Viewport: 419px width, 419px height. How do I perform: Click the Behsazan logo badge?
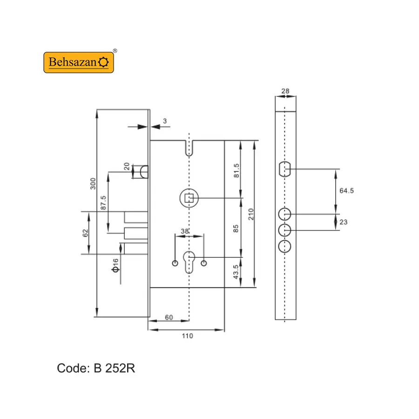pyautogui.click(x=79, y=62)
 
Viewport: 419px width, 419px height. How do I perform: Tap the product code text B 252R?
pyautogui.click(x=115, y=368)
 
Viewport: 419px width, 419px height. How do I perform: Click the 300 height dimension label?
pyautogui.click(x=93, y=183)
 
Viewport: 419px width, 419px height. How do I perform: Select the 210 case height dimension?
pyautogui.click(x=250, y=214)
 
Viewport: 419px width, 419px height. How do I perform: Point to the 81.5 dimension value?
pyautogui.click(x=237, y=171)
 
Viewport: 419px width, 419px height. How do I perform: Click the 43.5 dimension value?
pyautogui.click(x=236, y=272)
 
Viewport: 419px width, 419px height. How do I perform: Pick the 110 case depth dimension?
pyautogui.click(x=187, y=336)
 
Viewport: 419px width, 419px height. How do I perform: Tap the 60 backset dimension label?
pyautogui.click(x=169, y=317)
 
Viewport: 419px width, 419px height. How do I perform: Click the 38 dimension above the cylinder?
pyautogui.click(x=185, y=231)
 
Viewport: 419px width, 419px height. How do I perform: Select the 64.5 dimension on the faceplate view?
pyautogui.click(x=346, y=190)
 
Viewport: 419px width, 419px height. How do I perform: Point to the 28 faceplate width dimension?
pyautogui.click(x=285, y=91)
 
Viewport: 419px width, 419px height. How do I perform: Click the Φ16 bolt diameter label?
pyautogui.click(x=115, y=265)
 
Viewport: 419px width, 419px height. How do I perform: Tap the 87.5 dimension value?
pyautogui.click(x=103, y=203)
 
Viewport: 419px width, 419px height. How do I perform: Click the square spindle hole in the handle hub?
pyautogui.click(x=189, y=198)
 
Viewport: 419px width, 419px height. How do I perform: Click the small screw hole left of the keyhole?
pyautogui.click(x=175, y=263)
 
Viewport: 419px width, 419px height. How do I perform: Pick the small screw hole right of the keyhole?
pyautogui.click(x=203, y=263)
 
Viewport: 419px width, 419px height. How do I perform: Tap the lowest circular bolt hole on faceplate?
pyautogui.click(x=284, y=246)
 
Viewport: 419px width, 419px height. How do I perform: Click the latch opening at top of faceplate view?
pyautogui.click(x=284, y=169)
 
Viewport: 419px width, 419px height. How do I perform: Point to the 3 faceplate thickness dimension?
pyautogui.click(x=165, y=121)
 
